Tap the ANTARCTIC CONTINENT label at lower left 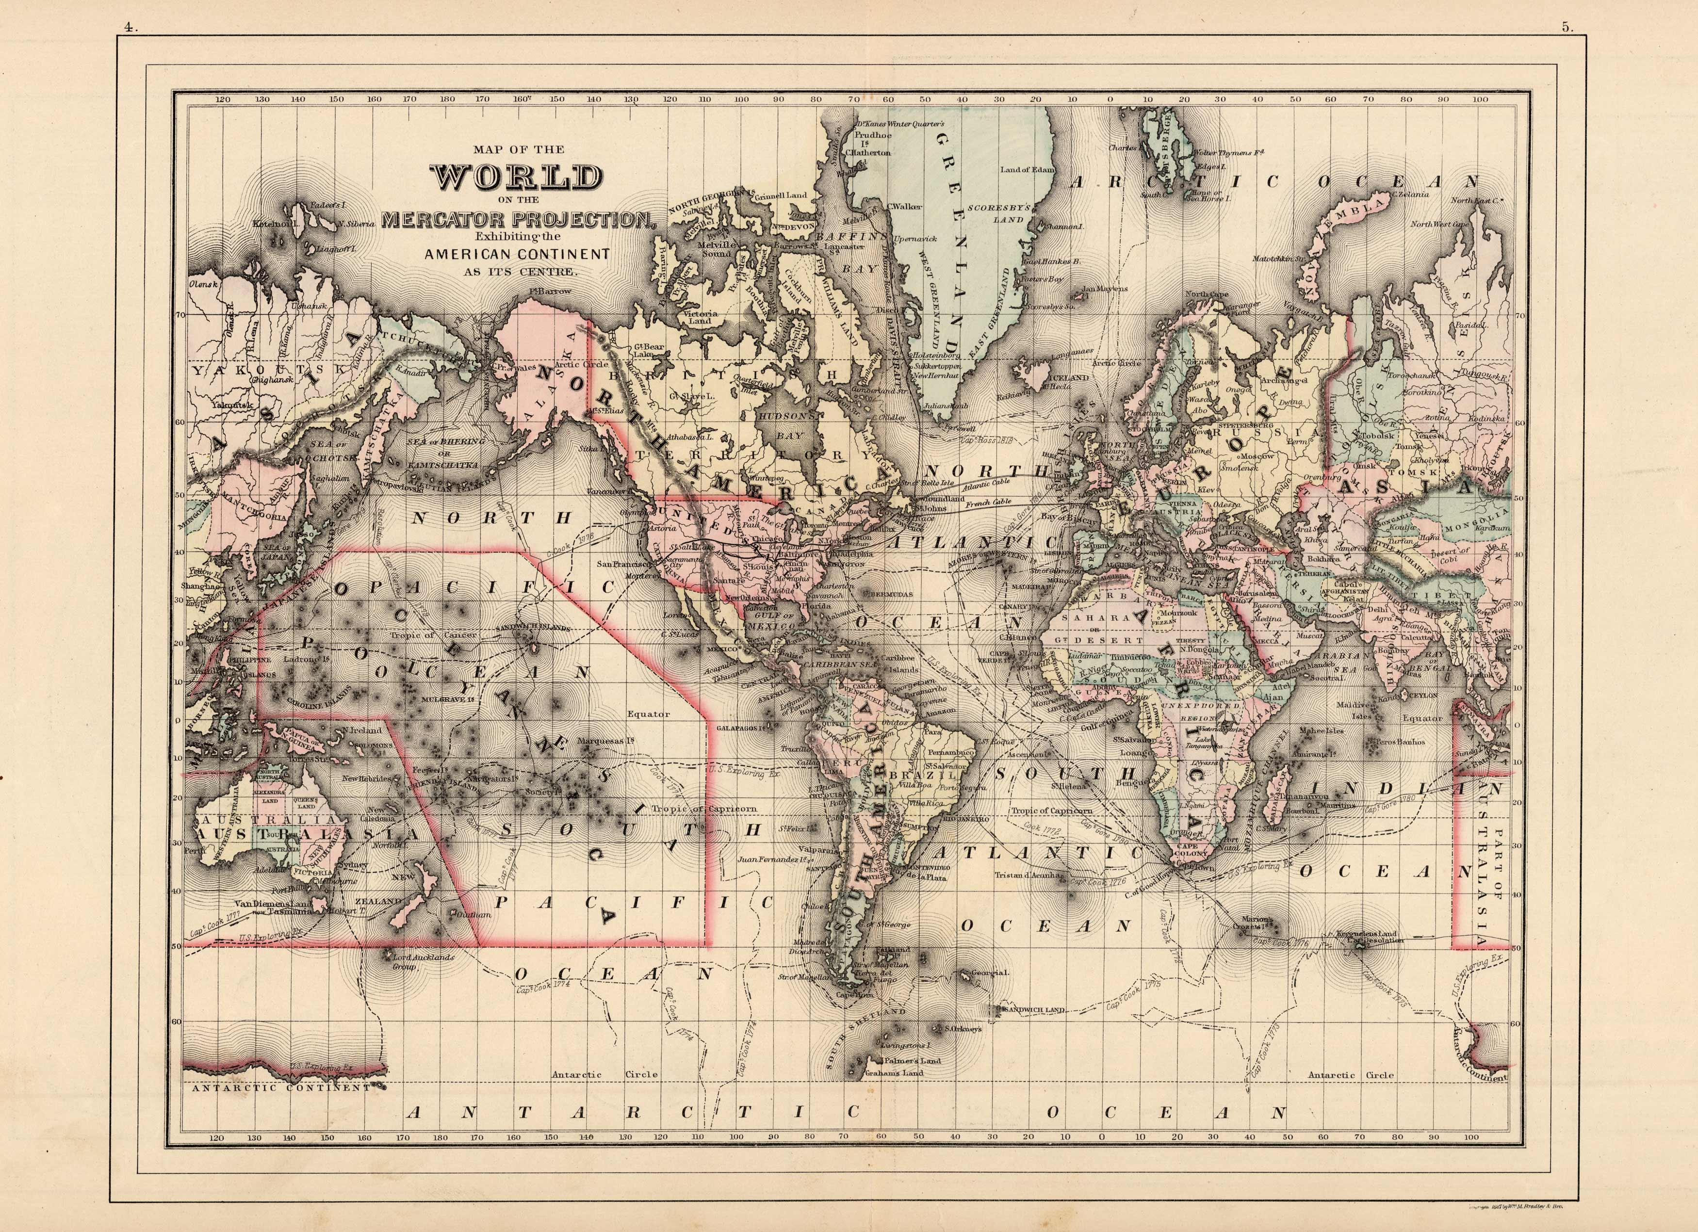281,1087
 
